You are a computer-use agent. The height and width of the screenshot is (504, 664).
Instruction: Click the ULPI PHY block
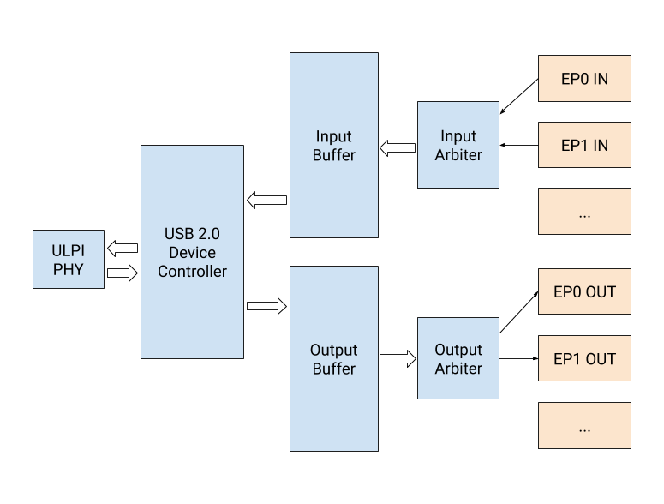[69, 259]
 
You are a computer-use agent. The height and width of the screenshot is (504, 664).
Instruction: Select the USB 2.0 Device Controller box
[192, 252]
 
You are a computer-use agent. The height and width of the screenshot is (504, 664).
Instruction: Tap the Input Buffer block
[333, 146]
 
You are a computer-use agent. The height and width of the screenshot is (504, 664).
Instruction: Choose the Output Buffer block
[333, 359]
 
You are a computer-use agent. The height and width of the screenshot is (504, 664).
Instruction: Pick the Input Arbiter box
[458, 145]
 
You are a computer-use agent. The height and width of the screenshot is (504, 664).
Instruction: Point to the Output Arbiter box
[458, 358]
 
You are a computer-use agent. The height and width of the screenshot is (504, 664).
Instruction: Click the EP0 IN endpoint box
[584, 79]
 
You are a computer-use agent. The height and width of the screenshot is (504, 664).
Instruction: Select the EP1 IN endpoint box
[584, 146]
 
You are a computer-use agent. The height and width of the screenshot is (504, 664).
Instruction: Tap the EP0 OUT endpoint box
[584, 292]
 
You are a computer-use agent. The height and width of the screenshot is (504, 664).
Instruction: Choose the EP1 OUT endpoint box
[584, 359]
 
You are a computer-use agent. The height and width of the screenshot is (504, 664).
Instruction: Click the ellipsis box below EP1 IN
[584, 212]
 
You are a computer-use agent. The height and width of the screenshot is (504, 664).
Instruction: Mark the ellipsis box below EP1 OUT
[584, 426]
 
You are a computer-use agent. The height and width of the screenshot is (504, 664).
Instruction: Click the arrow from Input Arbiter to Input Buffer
[398, 147]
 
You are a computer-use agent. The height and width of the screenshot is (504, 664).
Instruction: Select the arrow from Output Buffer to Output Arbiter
[398, 358]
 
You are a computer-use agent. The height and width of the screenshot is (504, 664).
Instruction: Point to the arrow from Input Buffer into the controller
[266, 200]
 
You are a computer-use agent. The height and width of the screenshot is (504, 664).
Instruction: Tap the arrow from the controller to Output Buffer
[266, 306]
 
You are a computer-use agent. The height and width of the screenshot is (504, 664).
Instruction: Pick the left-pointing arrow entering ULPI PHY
[123, 249]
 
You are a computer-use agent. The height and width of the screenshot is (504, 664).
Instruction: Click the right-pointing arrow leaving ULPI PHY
[123, 273]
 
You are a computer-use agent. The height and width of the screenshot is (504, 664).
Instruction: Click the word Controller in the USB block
[192, 272]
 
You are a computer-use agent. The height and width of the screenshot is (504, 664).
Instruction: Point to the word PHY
[69, 268]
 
